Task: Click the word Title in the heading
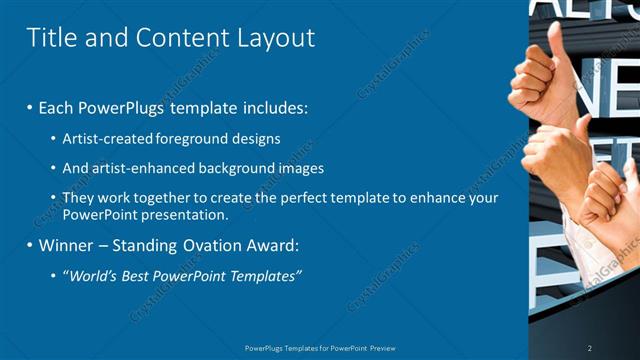(49, 38)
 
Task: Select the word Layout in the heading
(276, 39)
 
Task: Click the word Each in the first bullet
(57, 106)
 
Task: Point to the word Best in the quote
(142, 276)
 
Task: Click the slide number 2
(590, 348)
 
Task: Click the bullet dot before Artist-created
(53, 138)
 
